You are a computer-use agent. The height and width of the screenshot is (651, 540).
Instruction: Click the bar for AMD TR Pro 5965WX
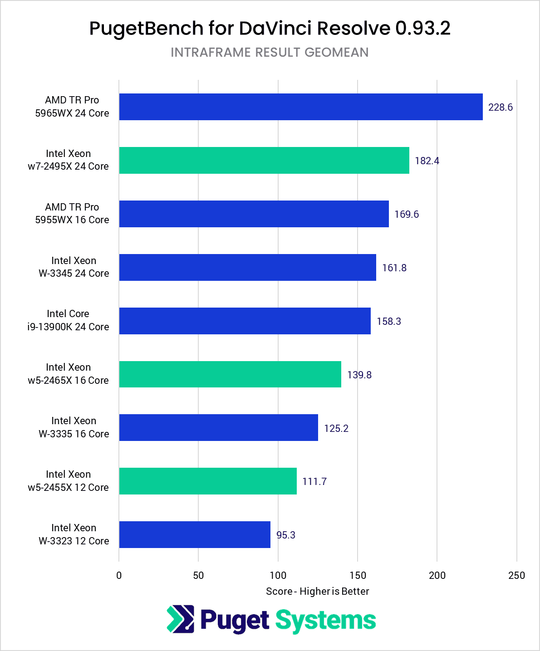300,107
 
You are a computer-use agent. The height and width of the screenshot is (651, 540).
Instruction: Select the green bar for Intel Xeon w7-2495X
264,160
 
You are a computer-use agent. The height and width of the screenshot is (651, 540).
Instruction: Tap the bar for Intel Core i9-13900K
245,321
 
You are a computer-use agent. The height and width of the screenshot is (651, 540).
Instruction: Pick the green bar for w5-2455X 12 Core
208,481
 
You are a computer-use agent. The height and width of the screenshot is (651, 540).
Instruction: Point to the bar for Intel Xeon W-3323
195,535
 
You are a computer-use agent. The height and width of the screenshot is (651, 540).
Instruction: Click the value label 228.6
500,108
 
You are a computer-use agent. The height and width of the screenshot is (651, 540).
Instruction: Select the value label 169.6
406,214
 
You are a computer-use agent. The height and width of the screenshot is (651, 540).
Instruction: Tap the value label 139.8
359,375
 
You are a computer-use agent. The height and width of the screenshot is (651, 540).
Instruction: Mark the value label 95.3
285,535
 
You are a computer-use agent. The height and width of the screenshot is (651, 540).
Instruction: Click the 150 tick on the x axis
358,576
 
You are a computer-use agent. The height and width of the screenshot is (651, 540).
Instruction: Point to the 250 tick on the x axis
516,576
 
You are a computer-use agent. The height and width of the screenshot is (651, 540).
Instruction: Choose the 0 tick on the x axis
119,576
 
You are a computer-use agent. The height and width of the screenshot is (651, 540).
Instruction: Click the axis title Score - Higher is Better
317,592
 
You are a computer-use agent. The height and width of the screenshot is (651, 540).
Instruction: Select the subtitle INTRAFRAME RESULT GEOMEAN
270,53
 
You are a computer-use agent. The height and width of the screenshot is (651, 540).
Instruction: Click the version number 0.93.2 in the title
422,28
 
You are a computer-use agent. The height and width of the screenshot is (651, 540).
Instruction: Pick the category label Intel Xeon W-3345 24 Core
74,267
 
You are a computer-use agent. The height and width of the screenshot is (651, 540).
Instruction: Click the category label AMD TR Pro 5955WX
72,213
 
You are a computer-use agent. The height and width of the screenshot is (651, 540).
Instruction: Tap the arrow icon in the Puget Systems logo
180,619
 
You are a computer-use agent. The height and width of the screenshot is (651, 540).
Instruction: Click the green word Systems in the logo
325,621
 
